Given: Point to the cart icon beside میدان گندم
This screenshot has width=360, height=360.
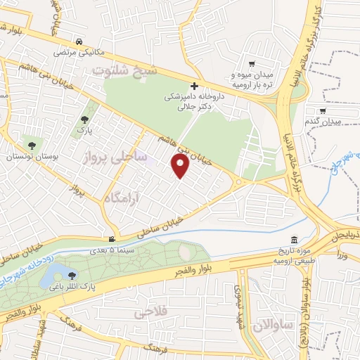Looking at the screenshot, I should pos(321,110).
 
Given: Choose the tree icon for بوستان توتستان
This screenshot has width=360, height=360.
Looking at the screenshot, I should pos(31,146).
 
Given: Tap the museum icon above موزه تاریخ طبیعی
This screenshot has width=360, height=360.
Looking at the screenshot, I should pos(294,240).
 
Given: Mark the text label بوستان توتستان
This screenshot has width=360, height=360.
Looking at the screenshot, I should pos(31,157).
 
